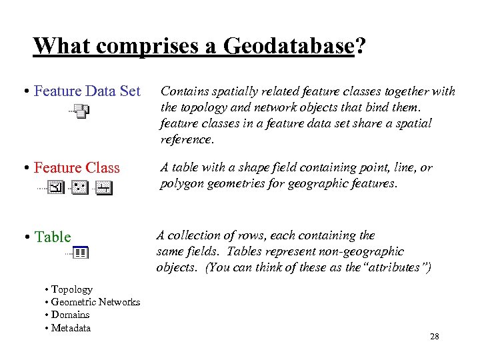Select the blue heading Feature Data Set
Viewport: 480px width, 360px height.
pos(87,91)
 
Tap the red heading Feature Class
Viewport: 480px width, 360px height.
pos(77,168)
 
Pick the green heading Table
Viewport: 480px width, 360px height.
pos(53,237)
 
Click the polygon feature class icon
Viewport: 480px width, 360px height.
pos(57,189)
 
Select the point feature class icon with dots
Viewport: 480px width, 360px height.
pos(80,189)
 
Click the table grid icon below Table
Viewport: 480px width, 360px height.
pos(81,253)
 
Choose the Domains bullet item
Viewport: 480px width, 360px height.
pos(70,315)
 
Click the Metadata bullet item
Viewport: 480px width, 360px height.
pos(71,328)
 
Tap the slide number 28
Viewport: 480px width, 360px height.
pos(435,337)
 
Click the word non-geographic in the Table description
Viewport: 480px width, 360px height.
pos(370,251)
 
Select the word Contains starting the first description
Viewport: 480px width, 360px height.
pos(184,91)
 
